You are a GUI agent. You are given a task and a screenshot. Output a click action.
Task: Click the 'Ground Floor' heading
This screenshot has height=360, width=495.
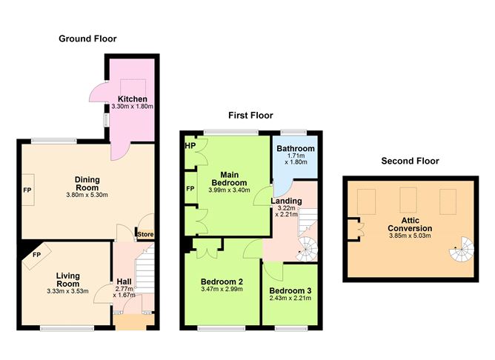pyautogui.click(x=87, y=39)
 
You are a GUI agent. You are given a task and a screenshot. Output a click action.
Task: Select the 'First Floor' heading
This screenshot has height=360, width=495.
pyautogui.click(x=250, y=116)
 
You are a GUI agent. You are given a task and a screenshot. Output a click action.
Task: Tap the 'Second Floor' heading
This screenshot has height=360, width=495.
pyautogui.click(x=410, y=161)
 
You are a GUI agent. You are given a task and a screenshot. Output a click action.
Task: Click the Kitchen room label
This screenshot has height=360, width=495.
pyautogui.click(x=132, y=99)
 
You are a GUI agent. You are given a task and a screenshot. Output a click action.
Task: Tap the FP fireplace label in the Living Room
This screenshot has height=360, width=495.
pyautogui.click(x=36, y=256)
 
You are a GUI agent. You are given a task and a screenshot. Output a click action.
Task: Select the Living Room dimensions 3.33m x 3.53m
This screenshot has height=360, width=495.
pyautogui.click(x=67, y=291)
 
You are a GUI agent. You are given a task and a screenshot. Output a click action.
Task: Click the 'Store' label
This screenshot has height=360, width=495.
pyautogui.click(x=144, y=235)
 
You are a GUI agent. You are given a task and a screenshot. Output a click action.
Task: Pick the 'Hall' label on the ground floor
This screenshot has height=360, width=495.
pyautogui.click(x=124, y=281)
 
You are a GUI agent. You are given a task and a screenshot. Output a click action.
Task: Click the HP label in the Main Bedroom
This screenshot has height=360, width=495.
pyautogui.click(x=189, y=145)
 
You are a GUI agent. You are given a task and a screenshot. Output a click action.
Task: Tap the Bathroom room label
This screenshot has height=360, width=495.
pyautogui.click(x=296, y=149)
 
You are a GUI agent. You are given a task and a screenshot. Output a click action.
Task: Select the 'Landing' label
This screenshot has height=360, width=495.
pyautogui.click(x=285, y=201)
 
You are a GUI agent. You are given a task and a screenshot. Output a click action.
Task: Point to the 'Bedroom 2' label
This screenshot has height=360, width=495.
pyautogui.click(x=222, y=281)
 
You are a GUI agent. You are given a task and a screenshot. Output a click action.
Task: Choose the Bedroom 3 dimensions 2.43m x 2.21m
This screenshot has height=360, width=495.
pyautogui.click(x=290, y=299)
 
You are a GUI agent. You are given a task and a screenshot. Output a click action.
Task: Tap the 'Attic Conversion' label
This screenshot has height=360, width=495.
pyautogui.click(x=409, y=223)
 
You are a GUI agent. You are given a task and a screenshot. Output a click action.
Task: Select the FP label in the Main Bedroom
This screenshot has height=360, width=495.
pyautogui.click(x=190, y=188)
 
